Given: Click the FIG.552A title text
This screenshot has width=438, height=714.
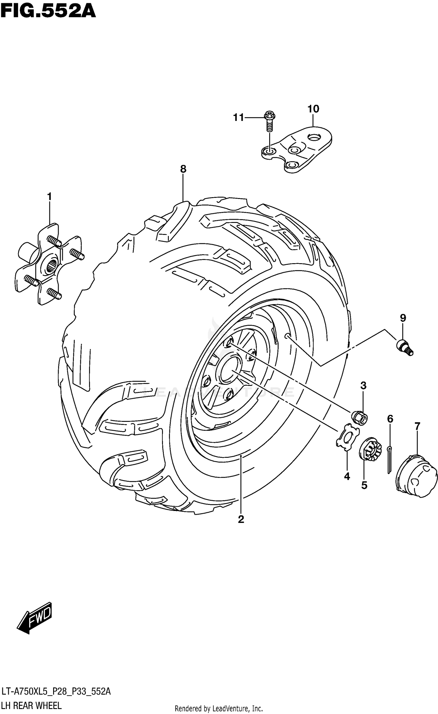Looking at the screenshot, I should (x=48, y=12).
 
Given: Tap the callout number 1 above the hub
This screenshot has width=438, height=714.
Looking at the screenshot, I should (x=49, y=196).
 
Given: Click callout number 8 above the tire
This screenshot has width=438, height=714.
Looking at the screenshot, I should (x=183, y=169).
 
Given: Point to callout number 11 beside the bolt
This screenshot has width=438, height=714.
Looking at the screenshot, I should (x=238, y=117).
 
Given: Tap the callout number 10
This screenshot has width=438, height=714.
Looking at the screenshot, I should (x=313, y=109).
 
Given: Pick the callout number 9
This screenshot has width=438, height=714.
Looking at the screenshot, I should (x=403, y=318).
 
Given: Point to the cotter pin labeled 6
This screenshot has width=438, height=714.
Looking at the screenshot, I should (x=390, y=459).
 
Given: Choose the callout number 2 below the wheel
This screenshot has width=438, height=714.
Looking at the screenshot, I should (x=241, y=519).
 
